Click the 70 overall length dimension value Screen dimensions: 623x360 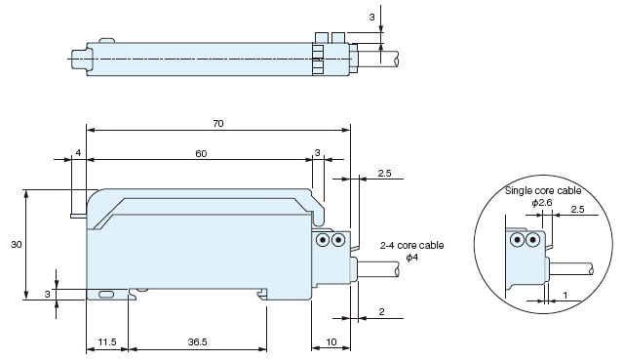pos(218,124)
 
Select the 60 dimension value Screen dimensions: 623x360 pos(201,153)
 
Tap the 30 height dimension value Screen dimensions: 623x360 pos(16,245)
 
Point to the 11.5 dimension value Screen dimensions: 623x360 pos(107,342)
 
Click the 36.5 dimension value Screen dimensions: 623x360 pos(198,342)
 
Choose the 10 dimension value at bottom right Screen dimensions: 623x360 pos(331,342)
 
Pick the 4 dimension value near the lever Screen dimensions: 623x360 pos(78,153)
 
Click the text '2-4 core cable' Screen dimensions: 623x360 pos(411,246)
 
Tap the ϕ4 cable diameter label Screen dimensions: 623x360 pos(412,258)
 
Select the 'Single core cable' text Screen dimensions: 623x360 pos(543,190)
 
